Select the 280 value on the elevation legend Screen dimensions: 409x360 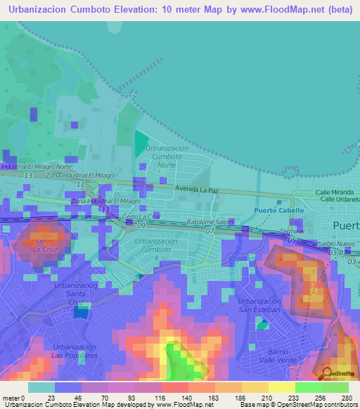click(347, 397)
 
